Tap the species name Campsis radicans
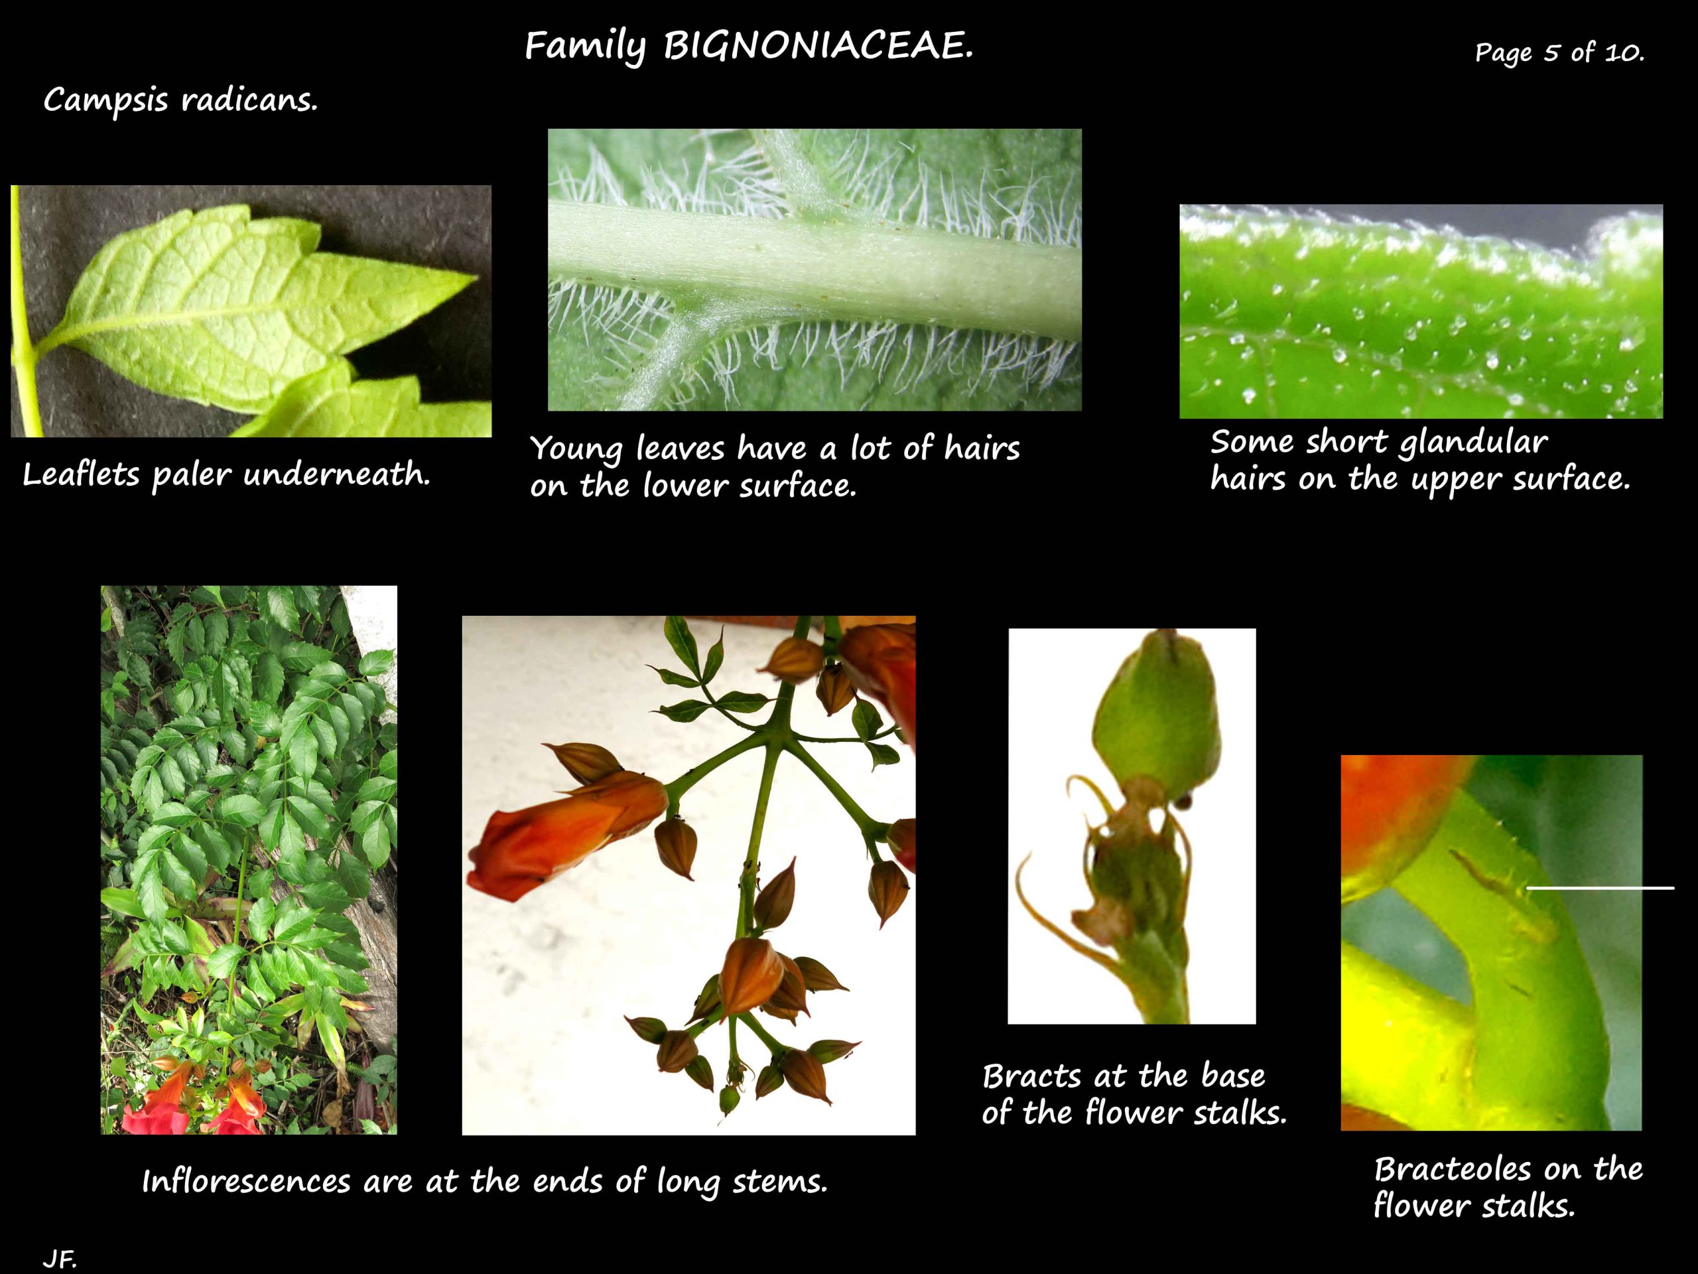click(180, 100)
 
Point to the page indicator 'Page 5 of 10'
click(1559, 52)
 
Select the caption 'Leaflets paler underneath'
click(226, 474)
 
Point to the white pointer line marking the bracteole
click(1600, 888)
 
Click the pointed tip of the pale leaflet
click(476, 277)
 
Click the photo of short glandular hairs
click(1421, 311)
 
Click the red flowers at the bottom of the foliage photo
click(196, 1099)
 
